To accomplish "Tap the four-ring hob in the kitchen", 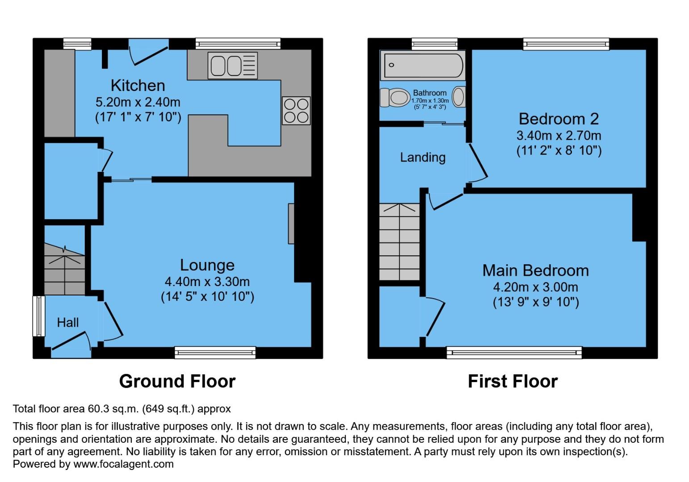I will pos(296,111).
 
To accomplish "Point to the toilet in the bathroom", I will pos(395,97).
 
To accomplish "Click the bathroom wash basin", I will pos(459,97).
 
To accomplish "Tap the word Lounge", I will pos(207,265).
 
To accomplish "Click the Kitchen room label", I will pos(138,85).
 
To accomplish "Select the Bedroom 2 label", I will pos(559,119).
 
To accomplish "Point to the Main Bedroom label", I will pos(535,270).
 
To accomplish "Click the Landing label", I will pos(422,157).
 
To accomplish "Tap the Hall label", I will pos(68,322).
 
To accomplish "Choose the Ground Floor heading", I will pos(177,381).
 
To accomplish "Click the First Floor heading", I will pos(513,381).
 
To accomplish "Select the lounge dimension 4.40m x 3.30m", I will pos(207,282).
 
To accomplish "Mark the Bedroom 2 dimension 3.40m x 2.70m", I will pos(559,135).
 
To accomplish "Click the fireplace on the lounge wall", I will pos(291,224).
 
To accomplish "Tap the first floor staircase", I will pos(399,242).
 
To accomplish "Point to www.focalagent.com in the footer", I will pos(123,464).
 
